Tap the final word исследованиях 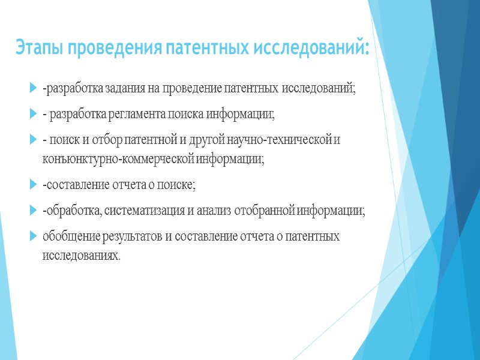(x=80, y=256)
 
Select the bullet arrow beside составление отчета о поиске (x=32, y=185)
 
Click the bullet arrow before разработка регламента (x=32, y=114)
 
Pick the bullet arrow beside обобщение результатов (x=32, y=236)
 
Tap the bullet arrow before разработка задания (x=32, y=90)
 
